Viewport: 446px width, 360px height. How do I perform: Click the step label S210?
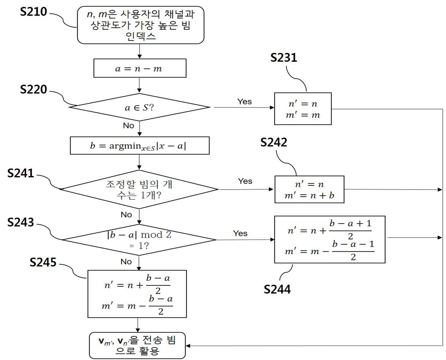click(33, 12)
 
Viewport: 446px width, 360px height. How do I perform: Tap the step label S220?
click(33, 89)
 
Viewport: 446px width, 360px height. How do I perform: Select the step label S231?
click(284, 58)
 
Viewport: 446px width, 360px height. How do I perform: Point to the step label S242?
click(274, 142)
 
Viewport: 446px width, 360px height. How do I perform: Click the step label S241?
click(20, 173)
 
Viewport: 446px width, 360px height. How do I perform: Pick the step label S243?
click(20, 222)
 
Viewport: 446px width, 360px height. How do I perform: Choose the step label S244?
click(277, 289)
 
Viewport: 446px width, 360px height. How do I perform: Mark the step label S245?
click(43, 262)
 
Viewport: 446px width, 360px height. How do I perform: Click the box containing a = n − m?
click(140, 68)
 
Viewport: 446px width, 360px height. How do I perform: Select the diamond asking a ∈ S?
click(140, 107)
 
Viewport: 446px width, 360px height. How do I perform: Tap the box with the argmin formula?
click(140, 146)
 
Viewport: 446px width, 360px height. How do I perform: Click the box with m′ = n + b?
click(309, 189)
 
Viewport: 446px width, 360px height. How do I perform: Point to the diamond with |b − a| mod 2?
click(139, 240)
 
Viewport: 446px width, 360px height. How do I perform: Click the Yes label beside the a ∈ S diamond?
click(244, 101)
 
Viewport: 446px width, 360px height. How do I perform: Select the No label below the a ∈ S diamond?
click(129, 126)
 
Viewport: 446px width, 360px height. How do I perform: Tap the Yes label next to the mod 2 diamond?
click(240, 233)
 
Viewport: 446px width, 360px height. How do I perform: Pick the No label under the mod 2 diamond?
click(126, 262)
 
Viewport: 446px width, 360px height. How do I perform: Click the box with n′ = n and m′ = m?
click(303, 109)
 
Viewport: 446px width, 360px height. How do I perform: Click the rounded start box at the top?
click(141, 25)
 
